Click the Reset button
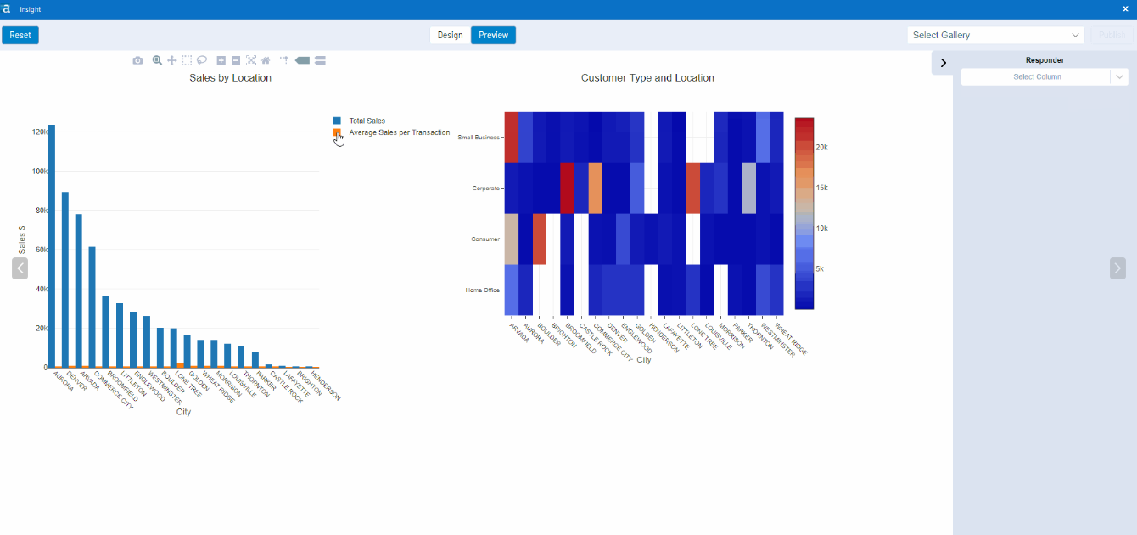20,35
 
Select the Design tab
450,35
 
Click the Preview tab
493,35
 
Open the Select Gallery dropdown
996,35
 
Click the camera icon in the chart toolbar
137,60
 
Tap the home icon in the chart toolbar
266,60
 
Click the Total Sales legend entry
367,121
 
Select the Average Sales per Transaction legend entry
399,132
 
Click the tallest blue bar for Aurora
52,246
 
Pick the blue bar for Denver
65,280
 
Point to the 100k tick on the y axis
39,171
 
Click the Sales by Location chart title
230,77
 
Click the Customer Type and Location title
647,77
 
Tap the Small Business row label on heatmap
479,137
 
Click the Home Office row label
482,290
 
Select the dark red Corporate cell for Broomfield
568,188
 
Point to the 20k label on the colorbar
821,147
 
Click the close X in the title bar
1125,8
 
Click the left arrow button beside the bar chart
20,268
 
